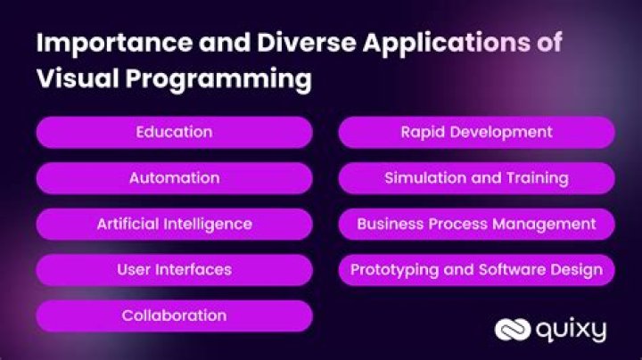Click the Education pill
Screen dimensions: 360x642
click(174, 132)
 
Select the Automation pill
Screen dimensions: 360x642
click(174, 177)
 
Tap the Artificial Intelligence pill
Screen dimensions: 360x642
click(174, 224)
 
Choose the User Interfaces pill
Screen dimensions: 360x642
click(174, 269)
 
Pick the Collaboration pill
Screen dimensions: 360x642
click(174, 315)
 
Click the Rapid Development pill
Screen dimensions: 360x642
click(476, 132)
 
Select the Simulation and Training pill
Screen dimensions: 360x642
click(476, 177)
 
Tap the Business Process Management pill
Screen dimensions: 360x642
click(476, 224)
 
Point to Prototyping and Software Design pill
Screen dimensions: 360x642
click(476, 269)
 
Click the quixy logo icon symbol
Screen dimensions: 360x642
click(513, 331)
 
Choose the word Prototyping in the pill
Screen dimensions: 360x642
click(391, 270)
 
